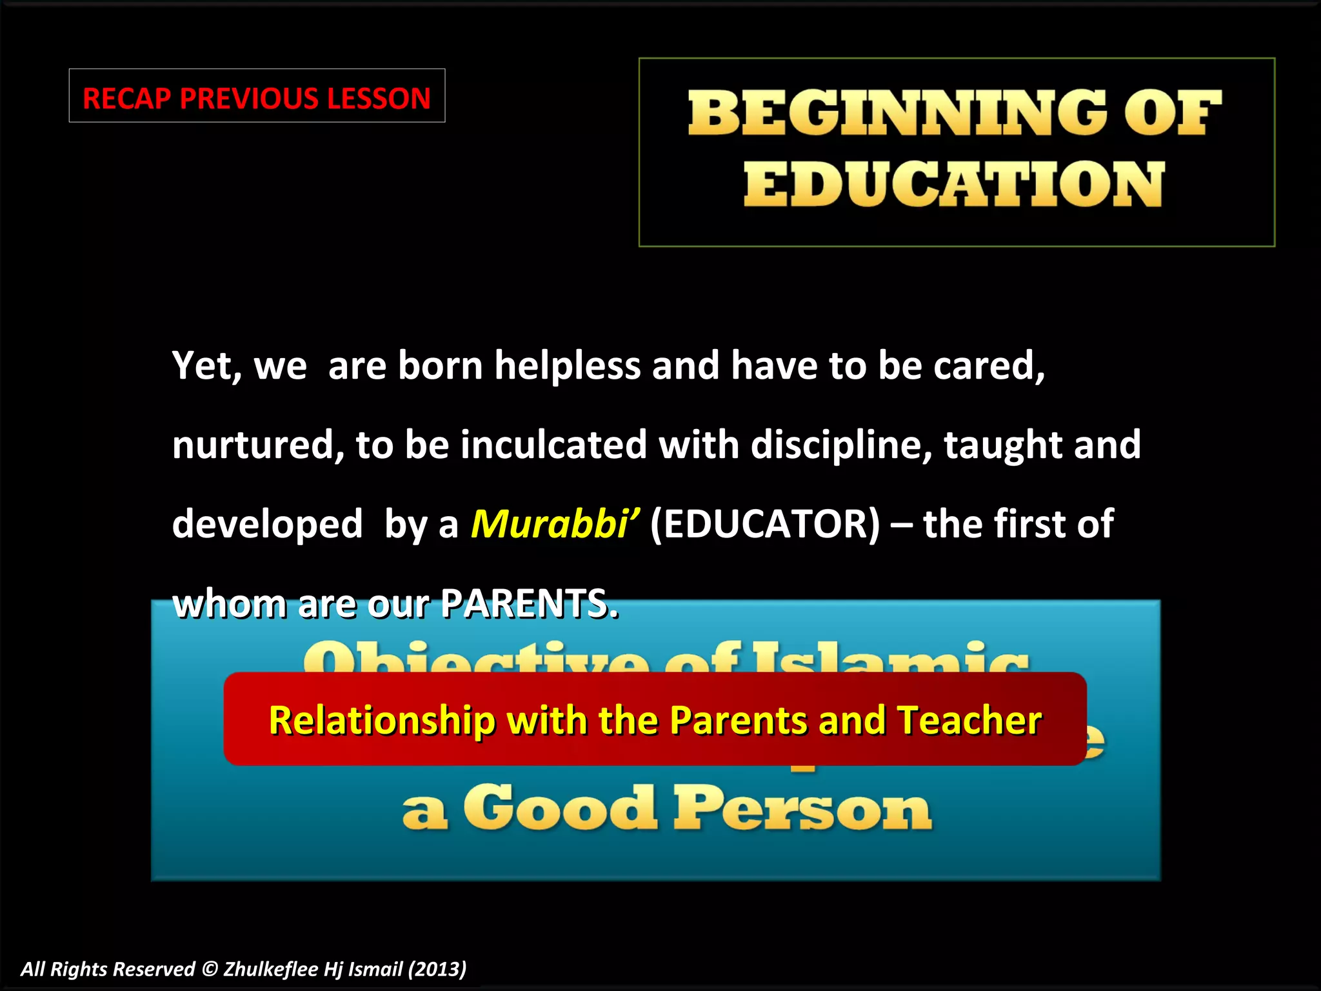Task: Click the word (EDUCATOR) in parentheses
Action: pos(765,523)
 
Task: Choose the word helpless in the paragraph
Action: pos(567,365)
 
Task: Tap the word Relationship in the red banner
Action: pos(382,720)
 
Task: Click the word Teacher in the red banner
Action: pos(969,720)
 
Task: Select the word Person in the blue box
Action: pos(802,809)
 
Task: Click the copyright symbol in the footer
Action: pos(209,969)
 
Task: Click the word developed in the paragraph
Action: pos(267,523)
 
